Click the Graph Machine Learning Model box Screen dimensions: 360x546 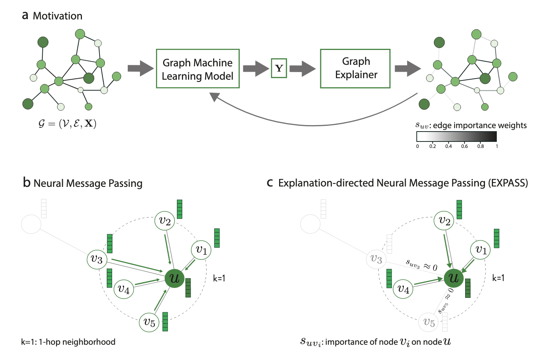[x=198, y=69]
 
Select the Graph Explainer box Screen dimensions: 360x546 [x=355, y=69]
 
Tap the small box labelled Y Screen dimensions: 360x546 [x=279, y=68]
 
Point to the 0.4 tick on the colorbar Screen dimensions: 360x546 [x=449, y=146]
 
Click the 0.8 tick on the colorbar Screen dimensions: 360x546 [x=480, y=146]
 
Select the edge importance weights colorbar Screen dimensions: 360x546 [x=456, y=137]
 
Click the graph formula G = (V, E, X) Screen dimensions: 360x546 [x=67, y=124]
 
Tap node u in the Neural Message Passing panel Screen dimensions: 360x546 [x=175, y=278]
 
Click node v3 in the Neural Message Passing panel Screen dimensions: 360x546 [x=97, y=259]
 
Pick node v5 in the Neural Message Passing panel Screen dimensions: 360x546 [x=149, y=322]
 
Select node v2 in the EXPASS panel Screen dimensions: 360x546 [x=444, y=221]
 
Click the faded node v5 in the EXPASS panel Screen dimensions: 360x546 [x=429, y=323]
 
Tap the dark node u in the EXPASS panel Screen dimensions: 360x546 [x=454, y=278]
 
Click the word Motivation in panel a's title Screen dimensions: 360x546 [x=58, y=16]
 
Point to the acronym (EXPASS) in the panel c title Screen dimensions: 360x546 [x=508, y=183]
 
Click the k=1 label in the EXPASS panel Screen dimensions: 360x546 [x=498, y=278]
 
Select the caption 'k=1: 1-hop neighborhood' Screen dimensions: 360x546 [x=68, y=342]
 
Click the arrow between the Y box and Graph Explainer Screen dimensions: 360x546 [x=302, y=69]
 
